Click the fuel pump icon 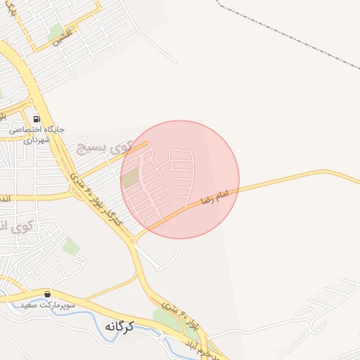(x=36, y=118)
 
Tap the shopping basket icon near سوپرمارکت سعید (x=47, y=294)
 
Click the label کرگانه (x=120, y=326)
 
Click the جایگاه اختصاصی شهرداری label (x=37, y=135)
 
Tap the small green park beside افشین (x=56, y=30)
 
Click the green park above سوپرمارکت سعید (x=70, y=245)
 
